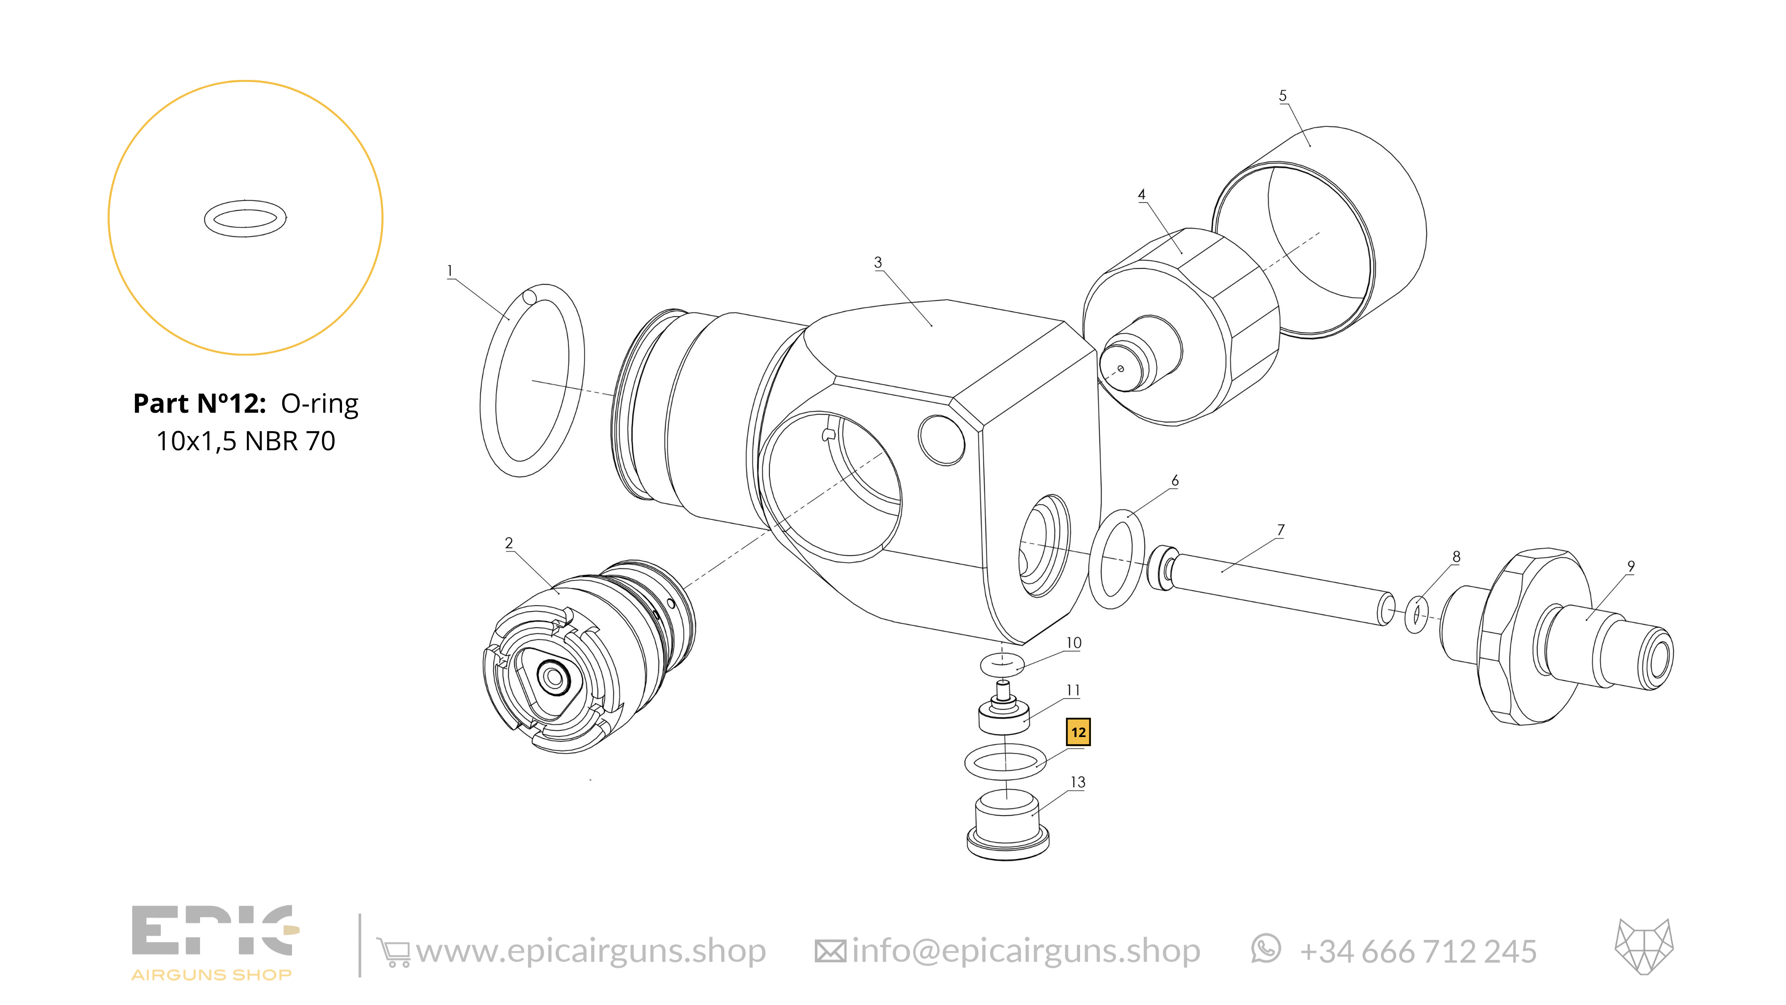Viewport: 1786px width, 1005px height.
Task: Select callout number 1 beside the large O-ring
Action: [x=450, y=271]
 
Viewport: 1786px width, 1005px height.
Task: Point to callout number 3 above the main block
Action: [x=878, y=262]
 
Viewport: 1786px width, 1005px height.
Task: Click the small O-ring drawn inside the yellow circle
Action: [x=246, y=218]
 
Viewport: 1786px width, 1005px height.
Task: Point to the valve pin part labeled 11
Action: [x=1003, y=714]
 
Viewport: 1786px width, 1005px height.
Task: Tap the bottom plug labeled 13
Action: [x=1007, y=829]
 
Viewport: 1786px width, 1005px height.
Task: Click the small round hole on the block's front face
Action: [x=941, y=440]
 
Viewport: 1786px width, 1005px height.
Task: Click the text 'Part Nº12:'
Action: [x=200, y=404]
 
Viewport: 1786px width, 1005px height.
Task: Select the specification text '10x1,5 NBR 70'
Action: [x=246, y=441]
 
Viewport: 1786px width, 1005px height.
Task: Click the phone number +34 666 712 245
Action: [x=1418, y=951]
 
